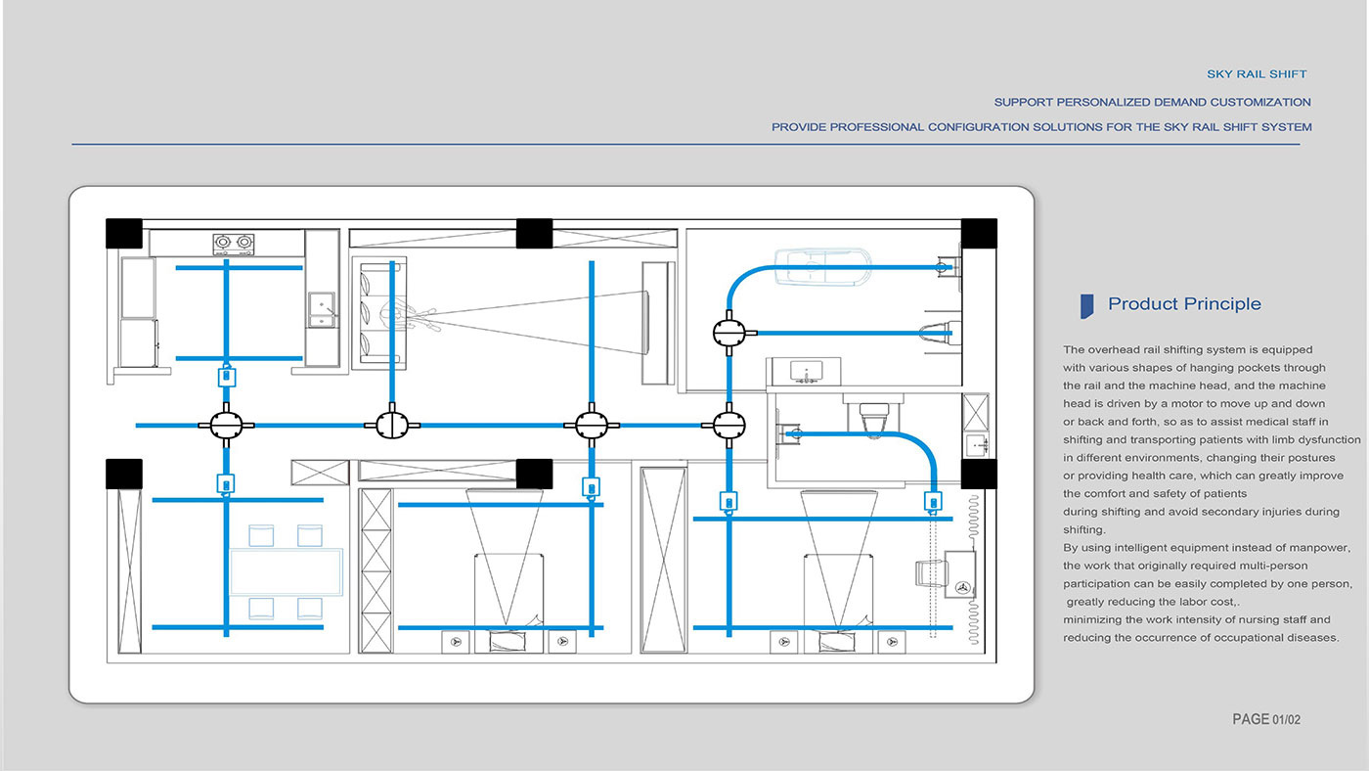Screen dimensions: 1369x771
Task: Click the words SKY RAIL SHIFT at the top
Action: pos(1257,74)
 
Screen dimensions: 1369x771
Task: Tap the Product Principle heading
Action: pos(1184,304)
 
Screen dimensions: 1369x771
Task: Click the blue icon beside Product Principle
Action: pos(1086,305)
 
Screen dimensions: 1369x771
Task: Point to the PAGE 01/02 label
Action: pos(1266,720)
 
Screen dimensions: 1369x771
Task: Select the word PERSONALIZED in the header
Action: pos(1104,102)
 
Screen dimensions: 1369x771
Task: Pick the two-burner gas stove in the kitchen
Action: pos(234,244)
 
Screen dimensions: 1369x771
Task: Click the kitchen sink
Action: pos(322,309)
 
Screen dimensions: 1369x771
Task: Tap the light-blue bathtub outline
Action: pos(822,266)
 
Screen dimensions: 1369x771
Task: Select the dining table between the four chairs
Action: pos(286,571)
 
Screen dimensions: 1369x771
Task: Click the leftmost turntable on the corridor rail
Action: pos(226,425)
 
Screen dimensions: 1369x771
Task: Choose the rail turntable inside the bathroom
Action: pos(729,334)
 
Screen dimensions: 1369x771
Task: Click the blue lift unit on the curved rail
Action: pos(933,502)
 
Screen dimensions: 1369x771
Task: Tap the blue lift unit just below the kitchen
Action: pos(227,376)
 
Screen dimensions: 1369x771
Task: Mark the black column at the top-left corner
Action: pos(124,234)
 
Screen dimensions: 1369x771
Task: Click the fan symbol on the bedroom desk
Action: pos(962,588)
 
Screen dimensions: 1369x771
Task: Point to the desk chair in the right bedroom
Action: pos(931,573)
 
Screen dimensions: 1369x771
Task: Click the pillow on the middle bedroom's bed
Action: pos(508,641)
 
